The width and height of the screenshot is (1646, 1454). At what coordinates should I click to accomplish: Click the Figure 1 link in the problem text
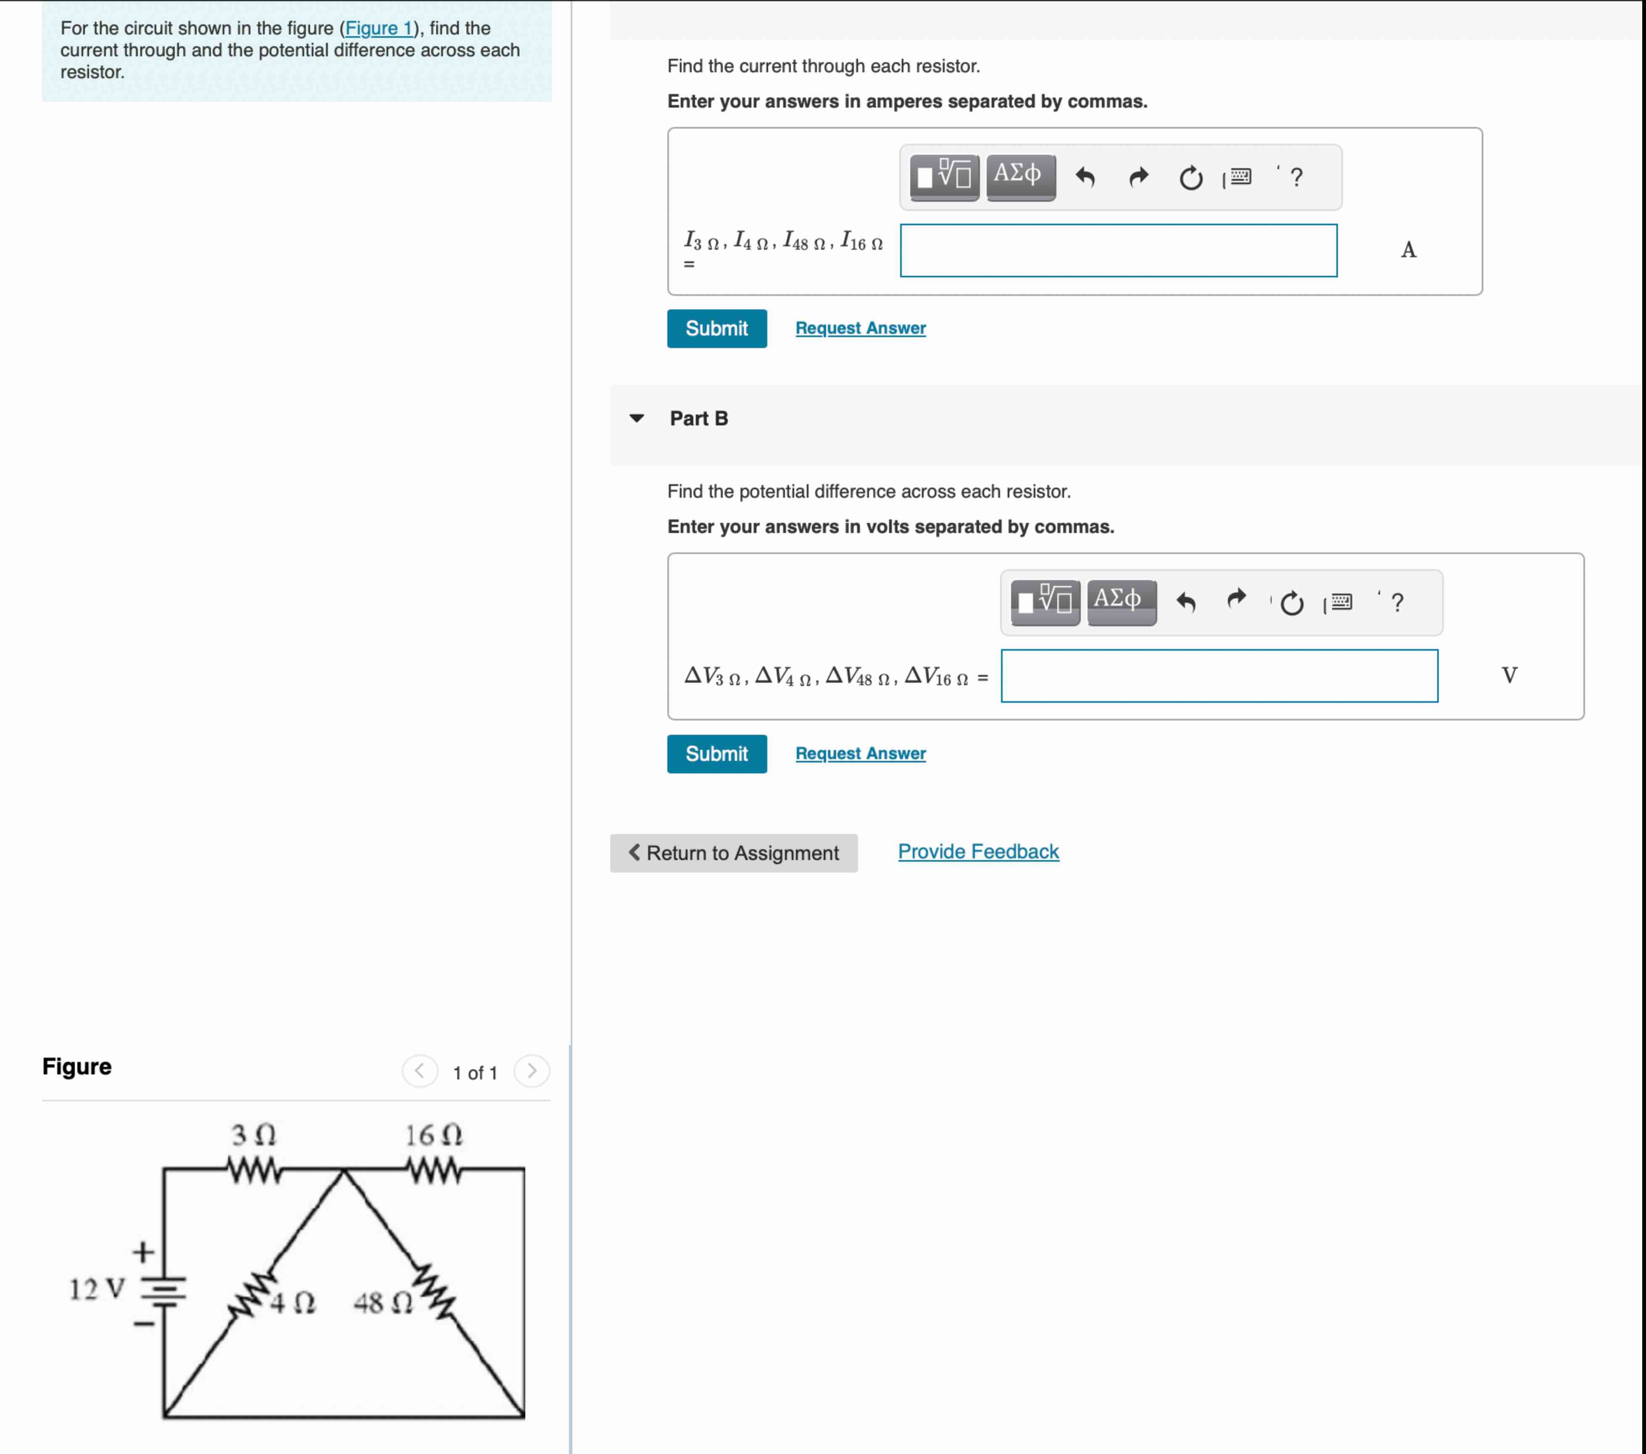(x=379, y=28)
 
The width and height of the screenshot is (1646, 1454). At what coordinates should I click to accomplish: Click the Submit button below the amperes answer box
(x=716, y=329)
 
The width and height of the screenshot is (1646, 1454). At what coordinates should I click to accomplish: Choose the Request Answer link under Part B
(x=860, y=753)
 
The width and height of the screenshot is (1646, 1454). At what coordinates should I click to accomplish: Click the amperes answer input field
(x=1118, y=251)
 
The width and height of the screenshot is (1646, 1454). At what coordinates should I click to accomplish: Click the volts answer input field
(x=1218, y=676)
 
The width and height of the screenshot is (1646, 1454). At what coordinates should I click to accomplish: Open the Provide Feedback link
(x=977, y=852)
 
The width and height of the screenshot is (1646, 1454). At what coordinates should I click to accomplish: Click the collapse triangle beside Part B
(x=636, y=418)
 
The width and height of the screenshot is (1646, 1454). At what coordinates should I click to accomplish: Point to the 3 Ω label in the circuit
(x=254, y=1135)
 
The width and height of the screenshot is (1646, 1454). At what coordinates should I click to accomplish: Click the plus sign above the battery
(x=143, y=1252)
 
